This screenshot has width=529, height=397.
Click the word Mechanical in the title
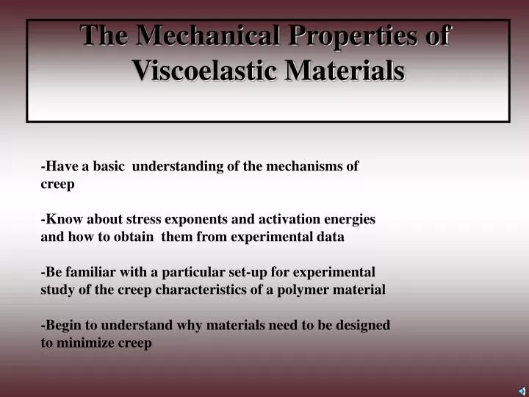click(199, 36)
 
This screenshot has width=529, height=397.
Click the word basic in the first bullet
click(108, 166)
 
